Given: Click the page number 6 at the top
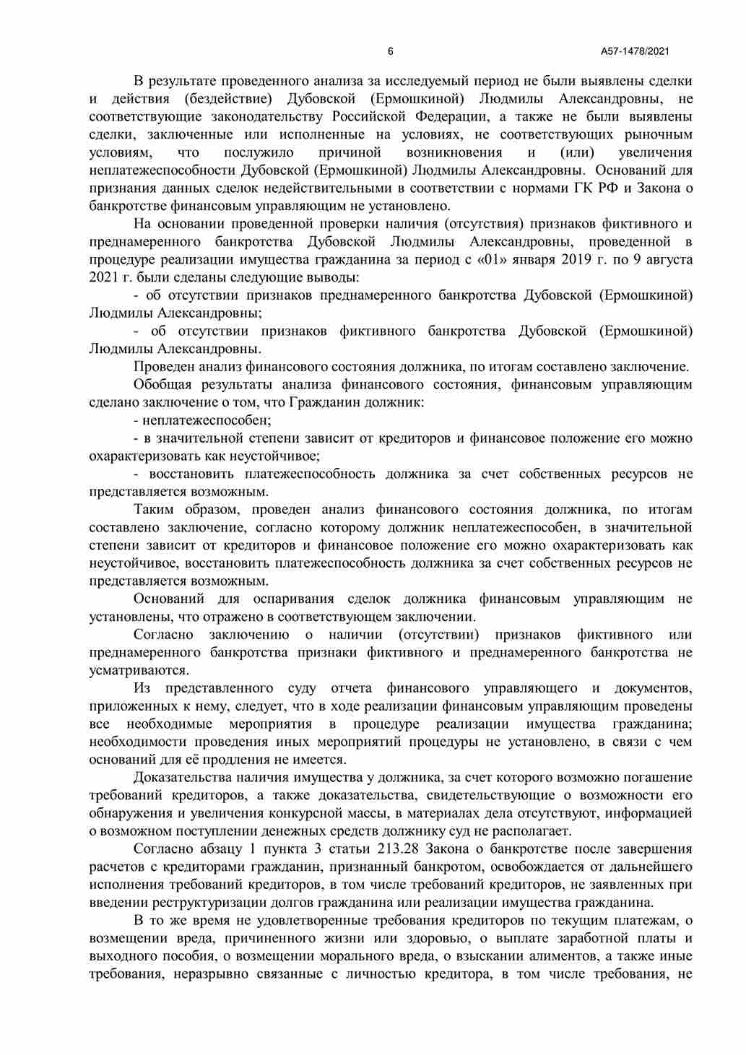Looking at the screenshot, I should (x=391, y=51).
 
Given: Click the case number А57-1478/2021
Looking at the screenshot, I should (x=636, y=51).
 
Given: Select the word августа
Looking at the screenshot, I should (x=667, y=259).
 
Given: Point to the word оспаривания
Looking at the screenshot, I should (x=293, y=599).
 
